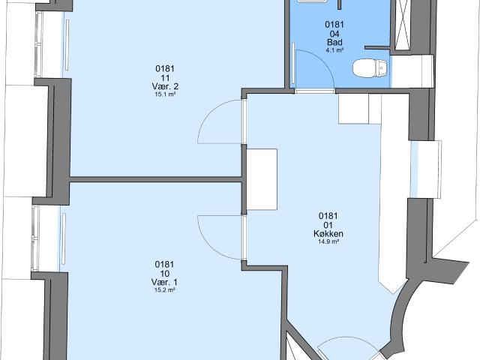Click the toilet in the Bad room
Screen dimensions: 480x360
tap(370, 68)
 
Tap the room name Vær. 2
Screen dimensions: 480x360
tap(165, 87)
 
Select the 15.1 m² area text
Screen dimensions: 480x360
tap(165, 94)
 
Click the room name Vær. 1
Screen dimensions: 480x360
tap(165, 282)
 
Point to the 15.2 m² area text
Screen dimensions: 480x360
tap(165, 290)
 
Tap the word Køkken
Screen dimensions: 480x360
tap(328, 233)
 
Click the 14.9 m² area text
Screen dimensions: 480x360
tap(328, 241)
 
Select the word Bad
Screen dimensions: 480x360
tap(334, 42)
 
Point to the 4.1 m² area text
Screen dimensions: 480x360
tap(334, 50)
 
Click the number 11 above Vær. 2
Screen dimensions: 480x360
tap(165, 78)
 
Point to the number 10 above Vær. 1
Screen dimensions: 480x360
tap(165, 273)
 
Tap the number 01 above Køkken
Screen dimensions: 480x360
tap(328, 225)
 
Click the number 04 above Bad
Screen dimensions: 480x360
tap(334, 33)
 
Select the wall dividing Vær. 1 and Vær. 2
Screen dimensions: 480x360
tap(155, 179)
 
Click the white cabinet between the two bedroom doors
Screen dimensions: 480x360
tap(262, 179)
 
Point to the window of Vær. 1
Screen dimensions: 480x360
tap(36, 238)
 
